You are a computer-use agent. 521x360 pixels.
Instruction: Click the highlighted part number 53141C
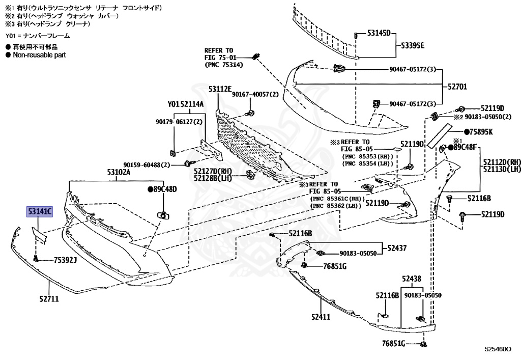pyautogui.click(x=40, y=211)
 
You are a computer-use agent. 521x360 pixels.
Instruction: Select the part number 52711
pyautogui.click(x=49, y=299)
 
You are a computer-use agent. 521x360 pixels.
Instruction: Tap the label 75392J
pyautogui.click(x=65, y=260)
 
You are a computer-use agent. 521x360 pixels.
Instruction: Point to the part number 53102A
pyautogui.click(x=118, y=172)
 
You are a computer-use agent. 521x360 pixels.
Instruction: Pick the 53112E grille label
pyautogui.click(x=220, y=89)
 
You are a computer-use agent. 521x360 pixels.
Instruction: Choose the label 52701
pyautogui.click(x=457, y=87)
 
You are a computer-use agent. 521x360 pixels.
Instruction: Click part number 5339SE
pyautogui.click(x=413, y=45)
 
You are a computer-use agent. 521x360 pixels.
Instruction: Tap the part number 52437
pyautogui.click(x=397, y=248)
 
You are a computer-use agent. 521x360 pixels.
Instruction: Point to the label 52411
pyautogui.click(x=321, y=317)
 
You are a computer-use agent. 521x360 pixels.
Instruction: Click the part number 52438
pyautogui.click(x=411, y=279)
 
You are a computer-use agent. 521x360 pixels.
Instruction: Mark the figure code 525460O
pyautogui.click(x=498, y=349)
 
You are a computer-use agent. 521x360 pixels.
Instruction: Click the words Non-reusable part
pyautogui.click(x=39, y=55)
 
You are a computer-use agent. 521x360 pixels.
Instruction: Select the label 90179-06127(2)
pyautogui.click(x=179, y=122)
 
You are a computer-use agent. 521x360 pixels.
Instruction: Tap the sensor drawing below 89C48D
pyautogui.click(x=163, y=215)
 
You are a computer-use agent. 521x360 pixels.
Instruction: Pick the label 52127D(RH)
pyautogui.click(x=213, y=172)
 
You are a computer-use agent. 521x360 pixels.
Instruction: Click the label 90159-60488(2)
pyautogui.click(x=147, y=165)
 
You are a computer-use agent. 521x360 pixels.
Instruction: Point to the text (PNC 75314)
pyautogui.click(x=224, y=65)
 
